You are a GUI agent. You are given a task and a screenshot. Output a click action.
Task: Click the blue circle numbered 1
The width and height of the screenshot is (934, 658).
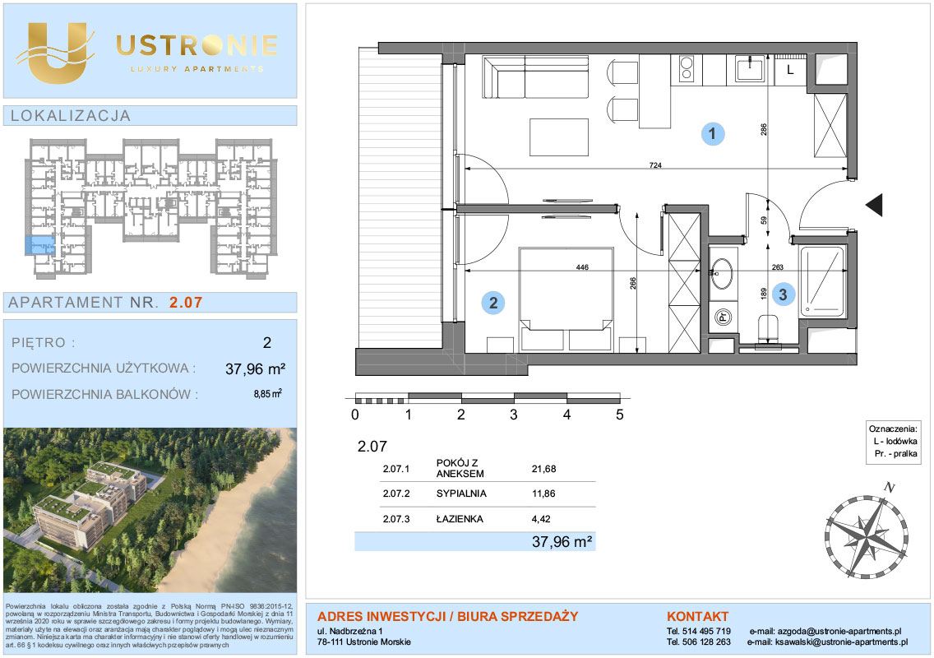[712, 133]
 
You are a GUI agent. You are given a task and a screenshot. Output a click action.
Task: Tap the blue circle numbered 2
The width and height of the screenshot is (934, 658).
[493, 303]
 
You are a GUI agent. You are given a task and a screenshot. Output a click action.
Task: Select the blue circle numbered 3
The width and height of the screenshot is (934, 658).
[783, 294]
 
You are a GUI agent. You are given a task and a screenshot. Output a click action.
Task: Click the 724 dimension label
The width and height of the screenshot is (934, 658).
[655, 165]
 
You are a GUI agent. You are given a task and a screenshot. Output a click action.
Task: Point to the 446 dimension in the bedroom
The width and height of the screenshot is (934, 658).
[582, 267]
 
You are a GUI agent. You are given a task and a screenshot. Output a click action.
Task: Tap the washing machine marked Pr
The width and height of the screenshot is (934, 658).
[724, 317]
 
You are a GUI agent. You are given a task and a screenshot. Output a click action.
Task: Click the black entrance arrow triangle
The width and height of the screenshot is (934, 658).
[874, 205]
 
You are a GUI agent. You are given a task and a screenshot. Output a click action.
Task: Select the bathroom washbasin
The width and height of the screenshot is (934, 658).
[723, 274]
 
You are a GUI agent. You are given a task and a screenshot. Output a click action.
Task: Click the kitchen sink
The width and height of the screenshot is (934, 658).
[750, 69]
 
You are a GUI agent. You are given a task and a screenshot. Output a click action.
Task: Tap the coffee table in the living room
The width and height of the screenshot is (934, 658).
[559, 137]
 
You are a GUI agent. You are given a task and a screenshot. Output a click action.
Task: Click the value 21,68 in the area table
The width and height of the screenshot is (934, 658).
[543, 469]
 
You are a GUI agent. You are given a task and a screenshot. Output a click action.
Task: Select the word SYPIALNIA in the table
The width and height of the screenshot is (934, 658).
[461, 493]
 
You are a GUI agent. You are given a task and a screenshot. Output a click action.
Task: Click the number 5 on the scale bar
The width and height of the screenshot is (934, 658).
[619, 415]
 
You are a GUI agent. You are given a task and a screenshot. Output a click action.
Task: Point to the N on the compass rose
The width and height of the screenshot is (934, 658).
[890, 487]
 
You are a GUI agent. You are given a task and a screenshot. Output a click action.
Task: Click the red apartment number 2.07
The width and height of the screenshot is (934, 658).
[186, 302]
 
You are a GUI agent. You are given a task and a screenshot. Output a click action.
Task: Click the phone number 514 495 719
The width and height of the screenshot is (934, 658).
[706, 631]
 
